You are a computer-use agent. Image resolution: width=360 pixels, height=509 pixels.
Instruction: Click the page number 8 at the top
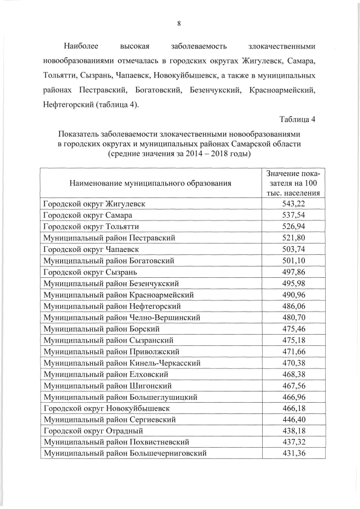[x=179, y=23]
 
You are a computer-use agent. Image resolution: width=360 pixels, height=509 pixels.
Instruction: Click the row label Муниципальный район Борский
[x=100, y=328]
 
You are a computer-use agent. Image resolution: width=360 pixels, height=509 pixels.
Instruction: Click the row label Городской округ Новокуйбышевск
[x=106, y=408]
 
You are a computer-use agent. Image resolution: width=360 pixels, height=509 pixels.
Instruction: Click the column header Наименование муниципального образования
[x=150, y=183]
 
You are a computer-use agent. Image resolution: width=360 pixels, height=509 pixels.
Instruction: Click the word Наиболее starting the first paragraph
[x=79, y=44]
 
